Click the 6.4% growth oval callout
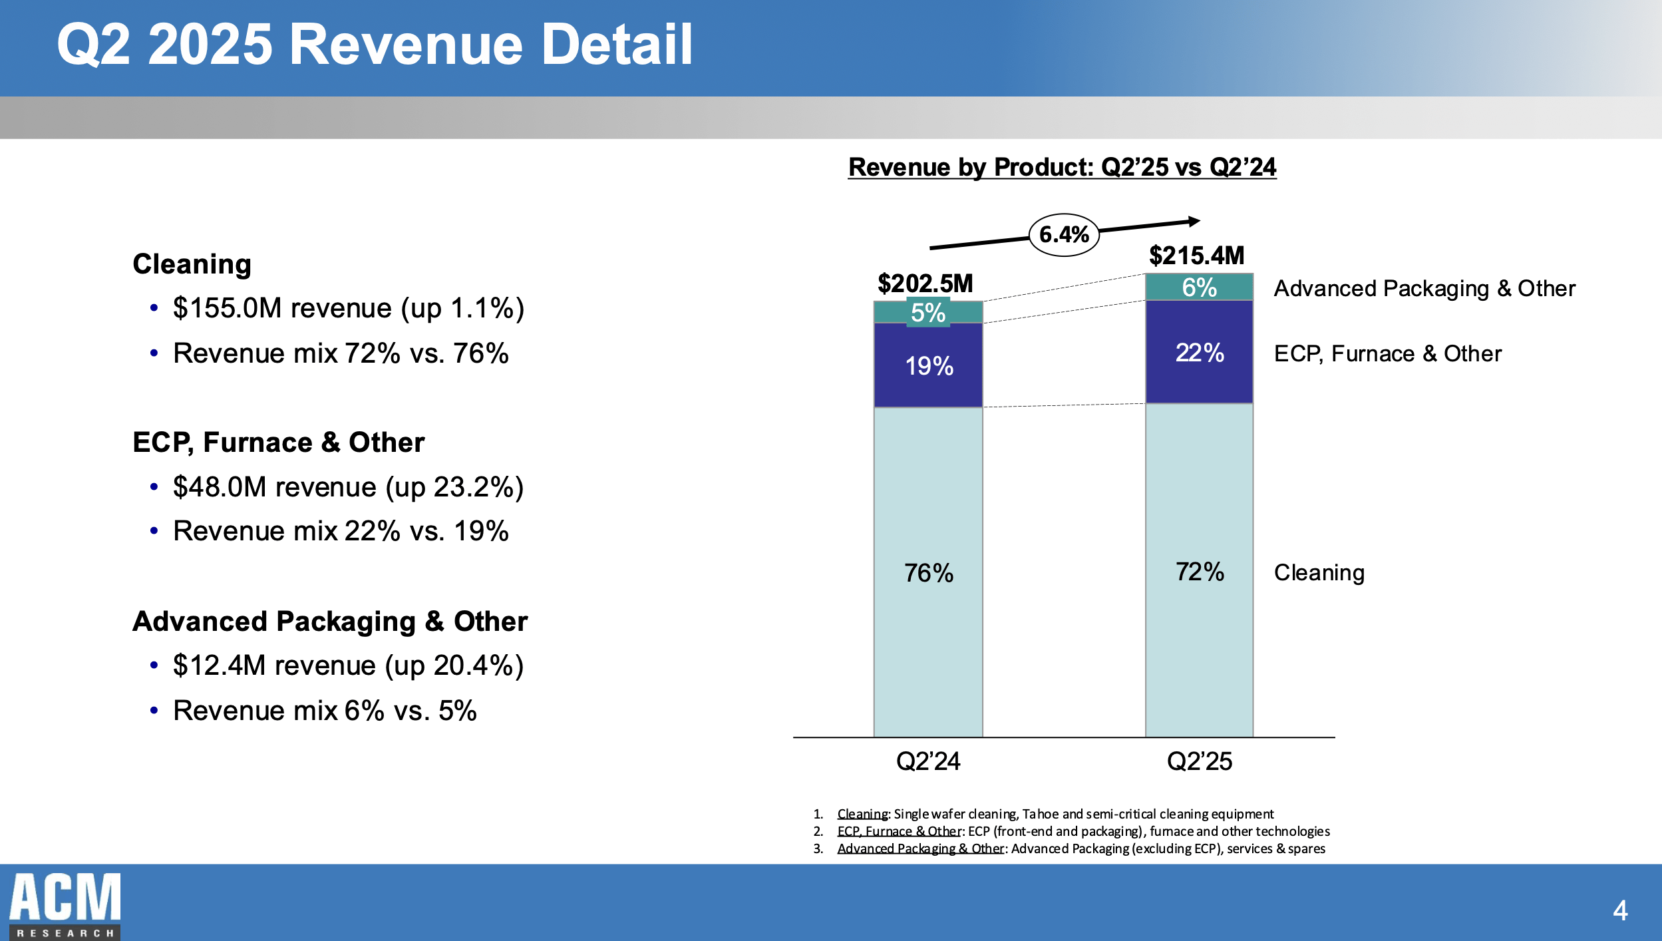[x=1063, y=235]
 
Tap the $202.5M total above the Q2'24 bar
[x=925, y=284]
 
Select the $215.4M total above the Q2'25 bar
[x=1196, y=256]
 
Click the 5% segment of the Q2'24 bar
[x=928, y=313]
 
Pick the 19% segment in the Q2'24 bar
[x=929, y=366]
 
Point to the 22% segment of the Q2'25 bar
[x=1199, y=353]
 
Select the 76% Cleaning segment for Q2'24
[x=928, y=573]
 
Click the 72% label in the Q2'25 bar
[x=1199, y=572]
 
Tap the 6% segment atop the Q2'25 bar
[x=1199, y=287]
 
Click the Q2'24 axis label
[x=928, y=761]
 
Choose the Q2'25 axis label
[x=1199, y=761]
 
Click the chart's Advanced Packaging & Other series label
[x=1424, y=289]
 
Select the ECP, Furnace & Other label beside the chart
[x=1387, y=354]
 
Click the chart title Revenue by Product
[x=1062, y=167]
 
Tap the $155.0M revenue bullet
[x=348, y=309]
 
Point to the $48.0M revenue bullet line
[x=348, y=487]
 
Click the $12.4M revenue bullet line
[x=348, y=665]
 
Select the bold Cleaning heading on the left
[x=192, y=264]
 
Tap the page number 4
[x=1620, y=910]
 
